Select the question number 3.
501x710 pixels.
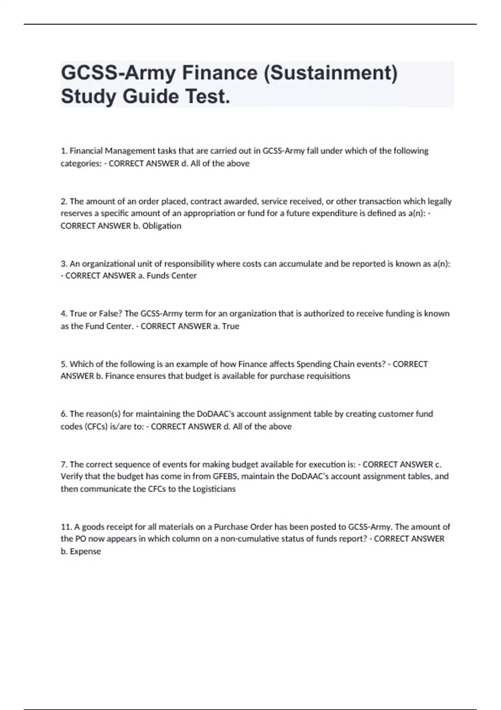64,264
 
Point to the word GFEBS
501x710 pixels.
225,477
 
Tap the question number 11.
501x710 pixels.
66,527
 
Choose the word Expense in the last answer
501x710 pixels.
85,551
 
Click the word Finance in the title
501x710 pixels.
220,73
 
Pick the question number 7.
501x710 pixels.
64,464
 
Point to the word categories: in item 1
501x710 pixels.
81,163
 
